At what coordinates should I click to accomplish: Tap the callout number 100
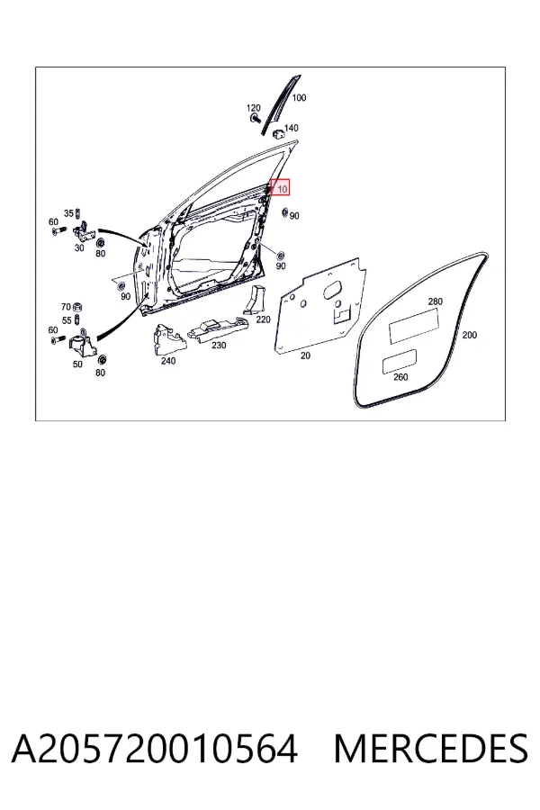point(299,97)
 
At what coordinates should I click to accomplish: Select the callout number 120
point(253,108)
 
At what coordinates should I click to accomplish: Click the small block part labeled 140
point(277,132)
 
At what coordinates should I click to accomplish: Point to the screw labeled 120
point(255,118)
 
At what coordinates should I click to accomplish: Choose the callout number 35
point(68,213)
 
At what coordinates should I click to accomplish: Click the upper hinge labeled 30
point(83,231)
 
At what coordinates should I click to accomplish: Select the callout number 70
point(66,307)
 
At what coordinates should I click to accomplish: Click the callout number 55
point(67,320)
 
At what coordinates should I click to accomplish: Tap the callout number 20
point(305,355)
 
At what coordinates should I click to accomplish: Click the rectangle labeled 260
point(399,361)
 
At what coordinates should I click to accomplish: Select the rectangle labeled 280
point(414,326)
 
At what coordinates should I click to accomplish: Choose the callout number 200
point(469,336)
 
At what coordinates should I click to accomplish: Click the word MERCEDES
point(430,748)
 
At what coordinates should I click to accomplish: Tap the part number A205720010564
point(154,748)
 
